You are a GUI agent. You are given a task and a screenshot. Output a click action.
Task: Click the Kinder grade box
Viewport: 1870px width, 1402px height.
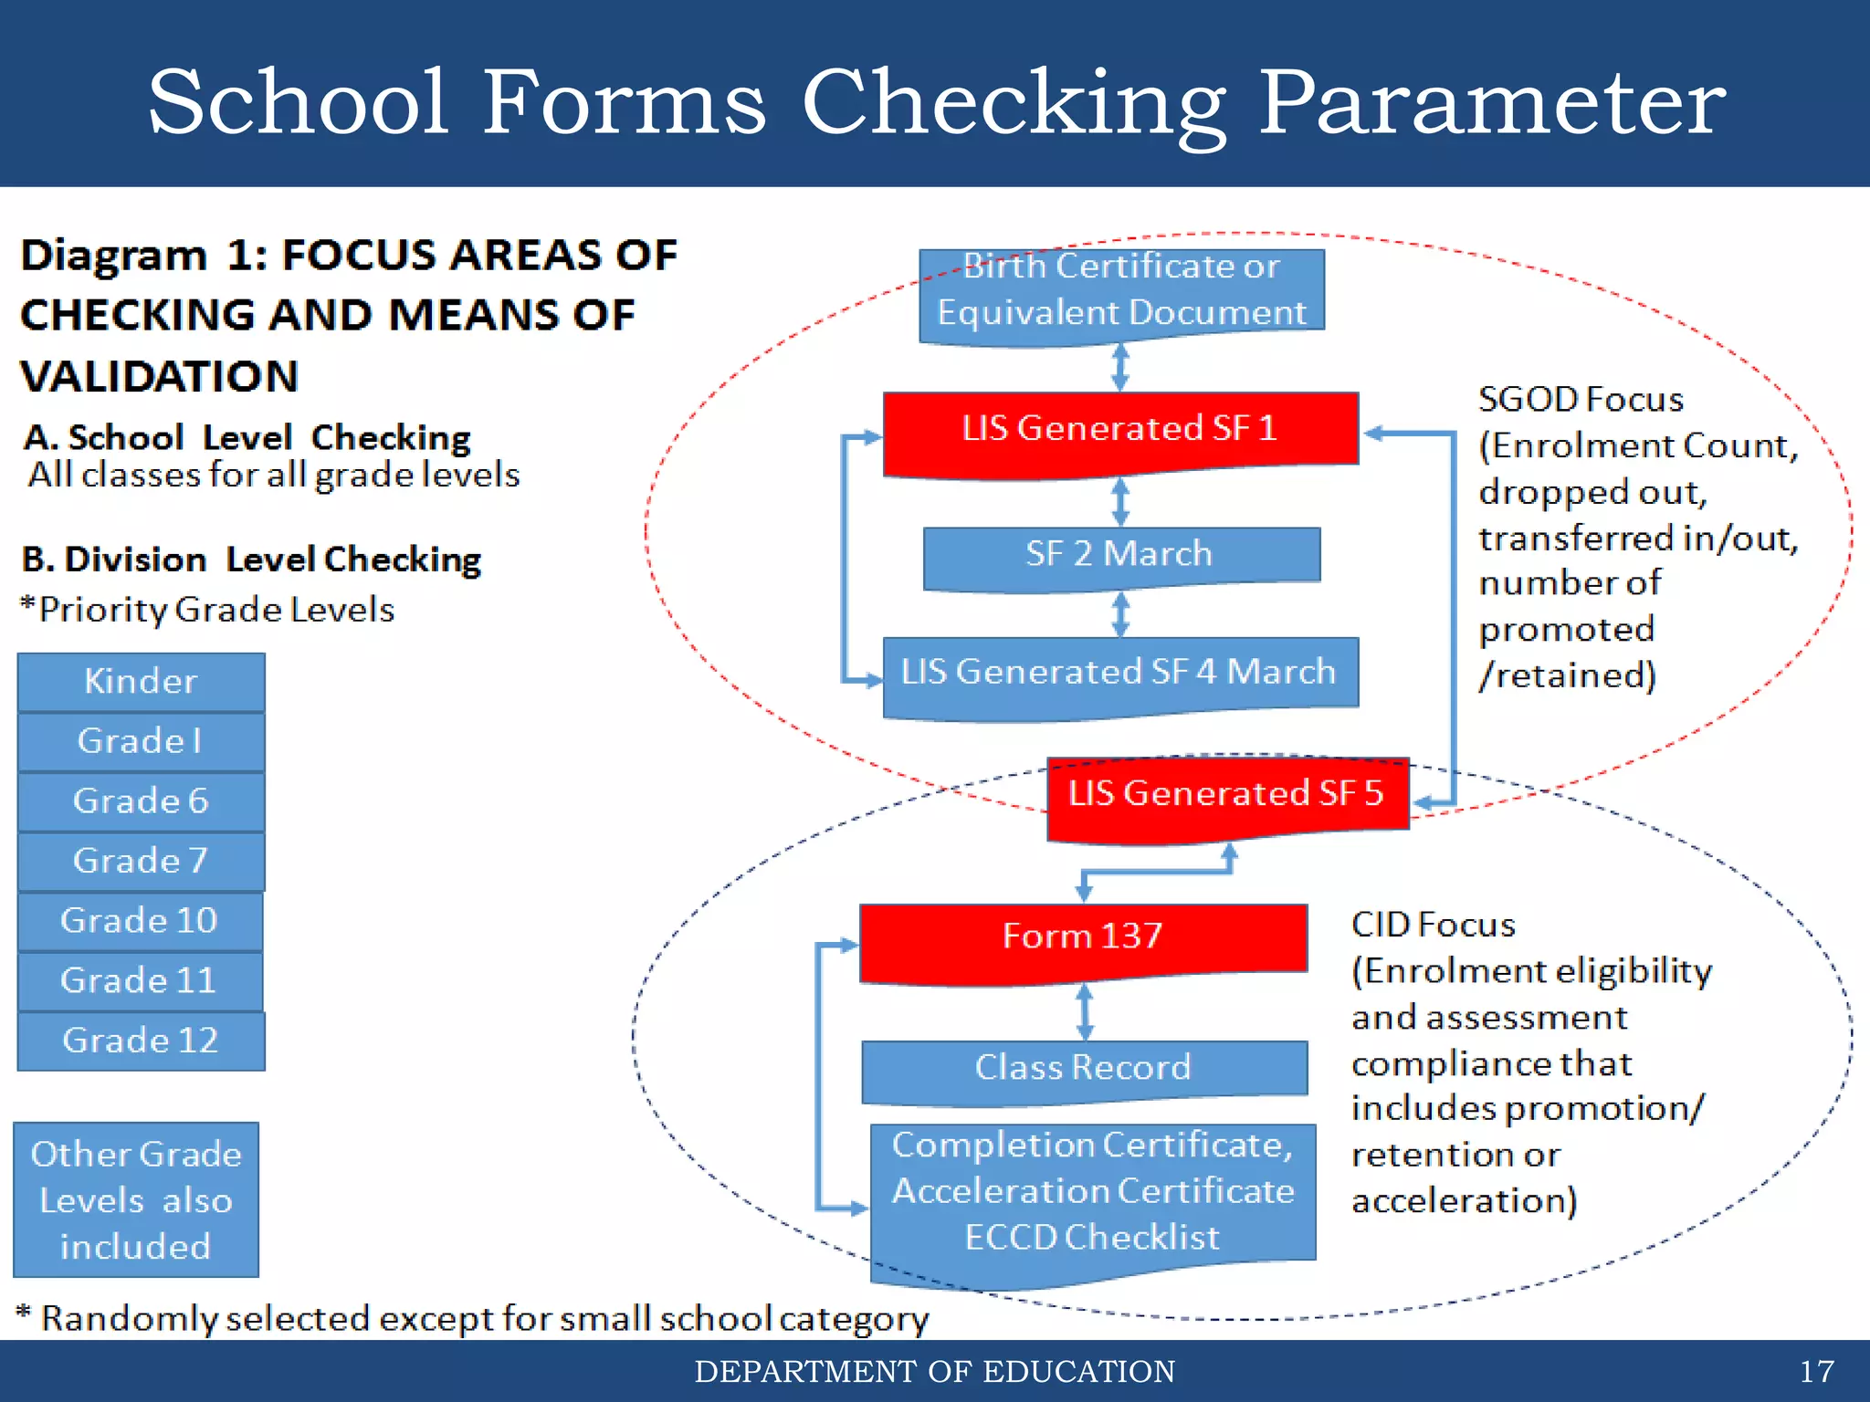tap(141, 682)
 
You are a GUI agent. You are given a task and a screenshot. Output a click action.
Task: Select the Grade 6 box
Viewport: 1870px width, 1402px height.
tap(141, 801)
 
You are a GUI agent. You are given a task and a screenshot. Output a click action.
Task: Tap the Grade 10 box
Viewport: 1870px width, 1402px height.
tap(140, 921)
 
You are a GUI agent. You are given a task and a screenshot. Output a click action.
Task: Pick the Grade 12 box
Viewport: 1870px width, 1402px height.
tap(141, 1041)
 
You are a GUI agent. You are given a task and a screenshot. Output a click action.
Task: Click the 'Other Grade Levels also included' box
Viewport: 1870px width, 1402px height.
tap(136, 1199)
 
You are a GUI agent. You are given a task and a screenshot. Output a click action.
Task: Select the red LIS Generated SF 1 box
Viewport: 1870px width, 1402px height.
tap(1120, 429)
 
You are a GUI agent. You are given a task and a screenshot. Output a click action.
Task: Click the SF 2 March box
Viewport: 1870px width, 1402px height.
tap(1120, 555)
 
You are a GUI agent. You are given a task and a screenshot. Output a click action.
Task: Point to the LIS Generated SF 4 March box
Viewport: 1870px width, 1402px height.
tap(1119, 673)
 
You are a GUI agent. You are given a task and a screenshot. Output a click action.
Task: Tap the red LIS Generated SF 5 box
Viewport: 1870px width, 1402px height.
tap(1226, 794)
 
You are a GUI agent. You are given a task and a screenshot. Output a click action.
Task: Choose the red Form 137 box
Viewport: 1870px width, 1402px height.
tap(1083, 937)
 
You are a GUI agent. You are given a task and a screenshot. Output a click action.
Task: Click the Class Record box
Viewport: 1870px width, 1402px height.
tap(1084, 1068)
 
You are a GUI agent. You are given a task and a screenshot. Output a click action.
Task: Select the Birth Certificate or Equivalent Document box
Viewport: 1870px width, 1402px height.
tap(1121, 290)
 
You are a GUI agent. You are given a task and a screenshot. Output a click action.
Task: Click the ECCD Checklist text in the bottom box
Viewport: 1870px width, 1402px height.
tap(1092, 1238)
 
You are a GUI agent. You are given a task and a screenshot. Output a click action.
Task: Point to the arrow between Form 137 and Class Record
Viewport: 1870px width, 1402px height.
tap(1085, 1011)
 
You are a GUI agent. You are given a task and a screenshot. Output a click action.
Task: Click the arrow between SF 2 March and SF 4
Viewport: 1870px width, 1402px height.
tap(1121, 614)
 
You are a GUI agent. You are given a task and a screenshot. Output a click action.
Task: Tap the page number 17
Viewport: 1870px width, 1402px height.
tap(1816, 1372)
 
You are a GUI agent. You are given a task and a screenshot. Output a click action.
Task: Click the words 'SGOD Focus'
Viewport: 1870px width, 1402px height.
tap(1581, 400)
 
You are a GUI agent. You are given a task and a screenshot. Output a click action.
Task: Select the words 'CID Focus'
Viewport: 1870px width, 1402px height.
tap(1433, 926)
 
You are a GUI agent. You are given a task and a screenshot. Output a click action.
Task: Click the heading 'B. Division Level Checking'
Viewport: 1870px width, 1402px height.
tap(251, 560)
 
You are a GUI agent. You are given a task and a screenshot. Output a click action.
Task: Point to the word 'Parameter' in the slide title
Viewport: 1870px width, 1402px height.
tap(1492, 102)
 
